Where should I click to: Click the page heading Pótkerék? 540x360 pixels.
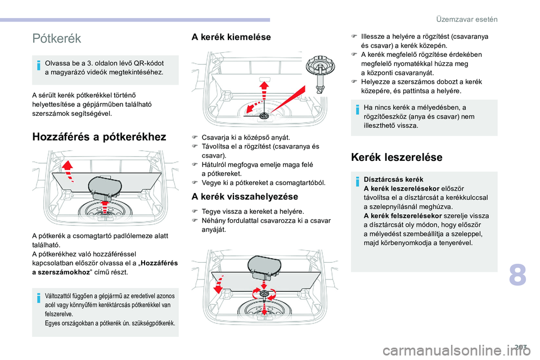pos(57,38)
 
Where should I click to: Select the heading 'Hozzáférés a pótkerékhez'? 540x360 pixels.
pos(100,137)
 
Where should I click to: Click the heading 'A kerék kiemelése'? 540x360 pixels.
pos(231,37)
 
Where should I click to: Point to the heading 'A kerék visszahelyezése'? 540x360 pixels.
pos(245,197)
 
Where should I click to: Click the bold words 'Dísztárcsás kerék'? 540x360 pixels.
pos(385,179)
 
